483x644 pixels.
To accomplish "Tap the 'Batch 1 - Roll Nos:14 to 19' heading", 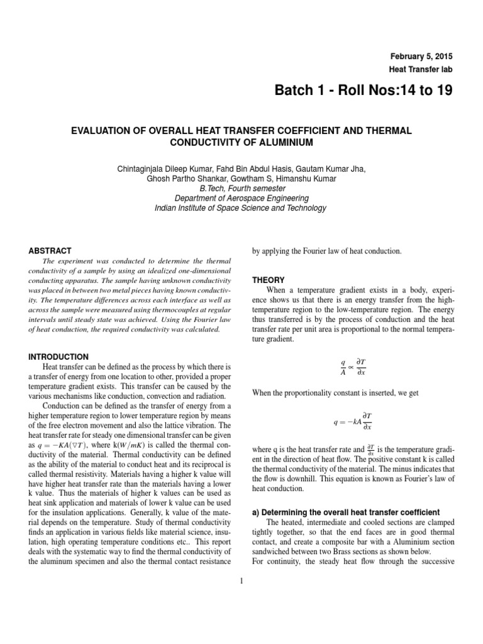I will pos(364,92).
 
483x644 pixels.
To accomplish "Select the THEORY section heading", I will pos(269,280).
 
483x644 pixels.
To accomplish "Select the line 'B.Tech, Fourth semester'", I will pos(241,188).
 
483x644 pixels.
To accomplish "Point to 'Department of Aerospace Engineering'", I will pos(241,198).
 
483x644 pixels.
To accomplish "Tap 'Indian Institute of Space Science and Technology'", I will pos(241,208).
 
